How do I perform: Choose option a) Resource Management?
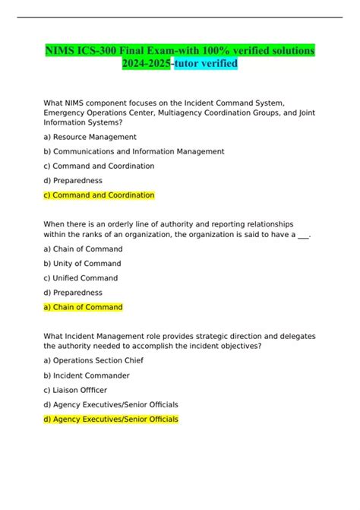pos(90,137)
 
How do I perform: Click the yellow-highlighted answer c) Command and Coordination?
pos(99,195)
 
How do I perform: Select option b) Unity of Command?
pos(84,263)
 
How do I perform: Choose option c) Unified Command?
pos(81,277)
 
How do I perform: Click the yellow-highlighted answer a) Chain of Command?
pos(83,307)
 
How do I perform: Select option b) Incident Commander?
pos(87,375)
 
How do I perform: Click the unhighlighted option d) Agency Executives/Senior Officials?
pos(111,404)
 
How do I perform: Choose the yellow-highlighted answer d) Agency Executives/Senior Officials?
pos(111,420)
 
